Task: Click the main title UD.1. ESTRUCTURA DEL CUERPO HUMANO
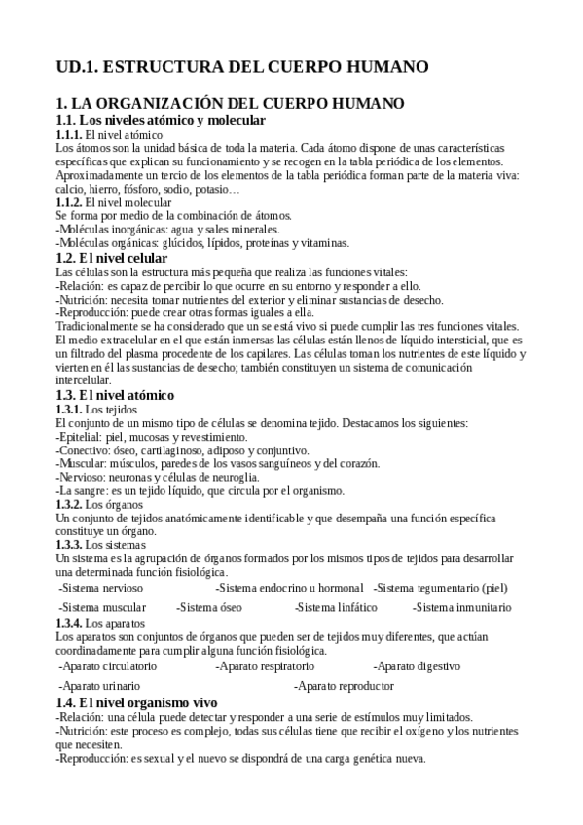point(241,67)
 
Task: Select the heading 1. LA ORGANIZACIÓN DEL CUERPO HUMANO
point(231,103)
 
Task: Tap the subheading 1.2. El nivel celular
point(112,258)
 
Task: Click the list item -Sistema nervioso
point(101,588)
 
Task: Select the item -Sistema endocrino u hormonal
point(289,588)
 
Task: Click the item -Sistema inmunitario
point(461,607)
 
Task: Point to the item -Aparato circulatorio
point(107,666)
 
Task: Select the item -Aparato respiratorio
point(265,666)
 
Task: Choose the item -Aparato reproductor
point(346,686)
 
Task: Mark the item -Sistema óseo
point(209,607)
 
